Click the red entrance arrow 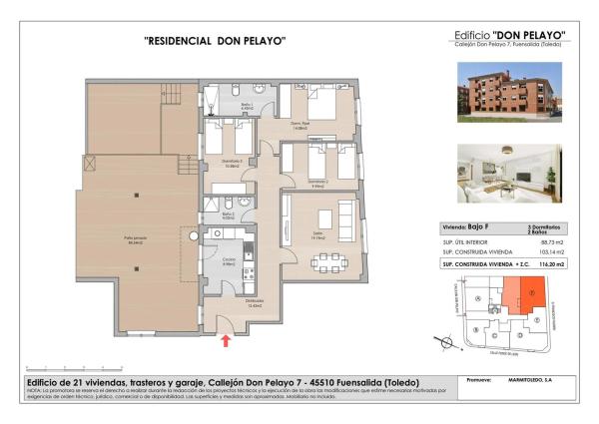(x=227, y=341)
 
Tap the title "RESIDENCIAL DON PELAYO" (x=216, y=41)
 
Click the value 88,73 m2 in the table (x=551, y=242)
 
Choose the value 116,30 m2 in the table (x=551, y=264)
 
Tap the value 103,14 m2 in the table (x=551, y=253)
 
